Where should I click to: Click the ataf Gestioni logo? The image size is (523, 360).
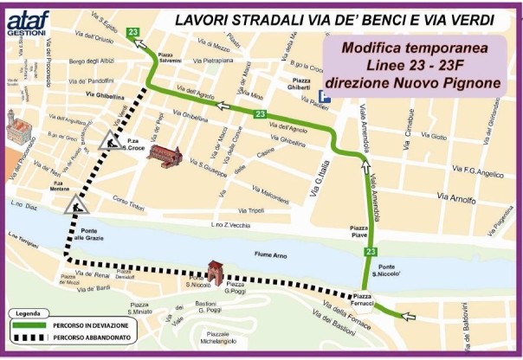[27, 18]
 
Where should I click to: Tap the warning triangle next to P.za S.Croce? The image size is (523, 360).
[109, 140]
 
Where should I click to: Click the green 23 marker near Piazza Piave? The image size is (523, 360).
[370, 251]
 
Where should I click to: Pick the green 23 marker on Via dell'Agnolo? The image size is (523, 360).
[260, 114]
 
